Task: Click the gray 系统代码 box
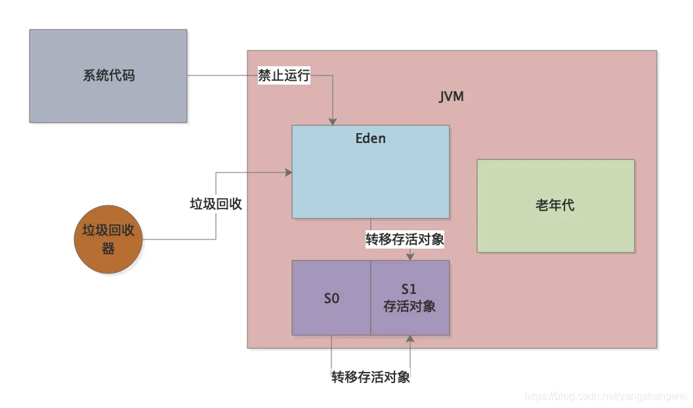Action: coord(108,75)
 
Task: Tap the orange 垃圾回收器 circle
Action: coord(108,239)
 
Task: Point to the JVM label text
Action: coord(451,97)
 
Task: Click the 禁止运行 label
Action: coord(283,75)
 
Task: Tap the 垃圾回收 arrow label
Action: coord(216,204)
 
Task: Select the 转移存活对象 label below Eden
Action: coord(405,239)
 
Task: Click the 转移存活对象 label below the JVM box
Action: coord(371,377)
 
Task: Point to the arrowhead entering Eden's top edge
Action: coord(333,121)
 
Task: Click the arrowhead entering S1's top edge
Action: coord(410,256)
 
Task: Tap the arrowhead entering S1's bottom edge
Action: coord(410,339)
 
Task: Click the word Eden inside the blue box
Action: coord(371,138)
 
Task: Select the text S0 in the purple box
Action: coord(331,298)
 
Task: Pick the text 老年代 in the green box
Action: coord(555,205)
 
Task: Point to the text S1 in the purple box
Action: coord(409,289)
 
